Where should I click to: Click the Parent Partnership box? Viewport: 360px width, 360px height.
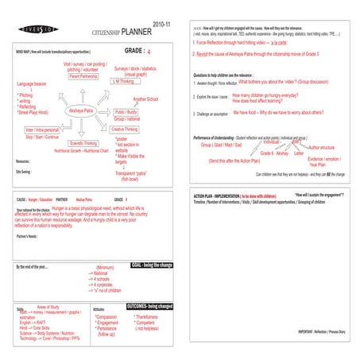click(83, 77)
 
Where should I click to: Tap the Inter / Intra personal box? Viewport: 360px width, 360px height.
click(44, 129)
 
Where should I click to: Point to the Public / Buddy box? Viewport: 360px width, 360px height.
click(126, 112)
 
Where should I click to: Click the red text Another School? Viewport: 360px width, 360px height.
click(145, 99)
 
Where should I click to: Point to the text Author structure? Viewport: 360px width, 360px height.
click(321, 148)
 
